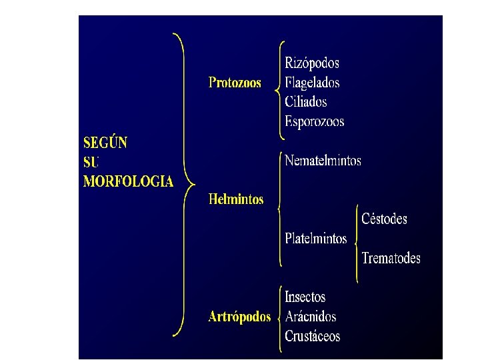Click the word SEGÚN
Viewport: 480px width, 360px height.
point(105,143)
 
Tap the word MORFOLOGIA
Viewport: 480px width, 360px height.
point(128,181)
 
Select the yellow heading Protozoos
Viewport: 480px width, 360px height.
point(235,83)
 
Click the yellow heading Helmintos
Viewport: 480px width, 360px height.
point(235,199)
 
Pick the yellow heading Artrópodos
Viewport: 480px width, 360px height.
point(239,317)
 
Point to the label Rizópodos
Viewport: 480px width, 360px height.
point(312,63)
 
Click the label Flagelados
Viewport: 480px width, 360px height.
point(312,83)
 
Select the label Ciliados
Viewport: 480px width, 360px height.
point(305,102)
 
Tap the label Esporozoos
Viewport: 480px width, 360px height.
point(314,121)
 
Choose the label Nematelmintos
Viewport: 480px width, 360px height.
point(323,161)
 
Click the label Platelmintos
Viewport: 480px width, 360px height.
point(315,239)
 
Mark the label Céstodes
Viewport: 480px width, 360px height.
point(384,219)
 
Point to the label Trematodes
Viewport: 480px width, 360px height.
point(391,258)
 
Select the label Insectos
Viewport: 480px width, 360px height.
point(305,297)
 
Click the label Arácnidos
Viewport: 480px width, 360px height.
point(310,317)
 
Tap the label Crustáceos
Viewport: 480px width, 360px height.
point(312,336)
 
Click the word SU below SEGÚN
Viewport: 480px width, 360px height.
point(91,162)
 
